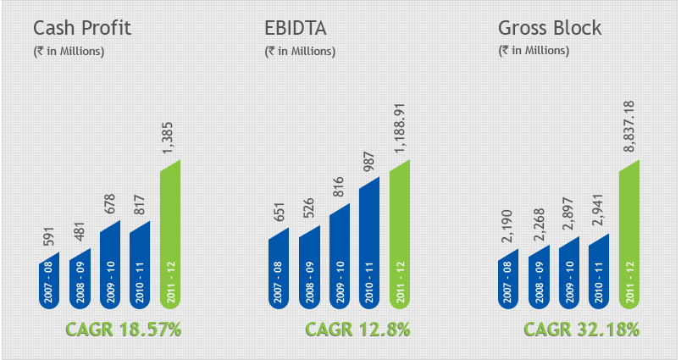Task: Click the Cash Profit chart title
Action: pyautogui.click(x=82, y=28)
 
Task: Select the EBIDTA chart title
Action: pyautogui.click(x=296, y=28)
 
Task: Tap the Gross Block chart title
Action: pyautogui.click(x=550, y=28)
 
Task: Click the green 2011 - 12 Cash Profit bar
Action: pyautogui.click(x=170, y=235)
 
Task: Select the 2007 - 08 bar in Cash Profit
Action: pyautogui.click(x=49, y=280)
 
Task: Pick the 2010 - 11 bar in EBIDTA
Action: pyautogui.click(x=369, y=243)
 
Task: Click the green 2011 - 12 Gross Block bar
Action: pyautogui.click(x=629, y=235)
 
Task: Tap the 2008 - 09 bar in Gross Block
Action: pyautogui.click(x=539, y=277)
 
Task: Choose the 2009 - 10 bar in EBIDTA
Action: pyautogui.click(x=340, y=256)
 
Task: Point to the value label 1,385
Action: pyautogui.click(x=168, y=137)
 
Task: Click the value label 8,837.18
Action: pyautogui.click(x=628, y=126)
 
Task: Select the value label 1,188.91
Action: pyautogui.click(x=398, y=128)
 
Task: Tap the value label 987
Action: pyautogui.click(x=368, y=162)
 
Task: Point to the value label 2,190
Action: pyautogui.click(x=506, y=226)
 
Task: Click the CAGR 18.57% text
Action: pyautogui.click(x=124, y=330)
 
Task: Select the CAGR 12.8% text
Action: pyautogui.click(x=357, y=330)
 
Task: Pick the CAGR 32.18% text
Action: pyautogui.click(x=582, y=330)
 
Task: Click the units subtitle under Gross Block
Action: pyautogui.click(x=534, y=51)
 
